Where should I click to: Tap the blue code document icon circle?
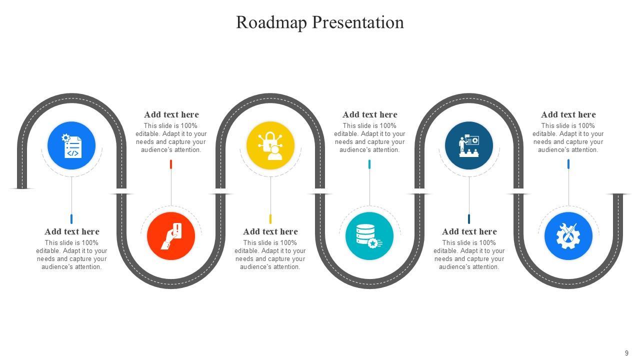(x=71, y=145)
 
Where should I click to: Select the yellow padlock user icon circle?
(x=270, y=145)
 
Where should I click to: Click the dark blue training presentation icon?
(x=469, y=145)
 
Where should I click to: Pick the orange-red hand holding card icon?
(x=171, y=236)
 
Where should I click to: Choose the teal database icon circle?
(x=369, y=236)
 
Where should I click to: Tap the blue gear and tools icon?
(x=568, y=236)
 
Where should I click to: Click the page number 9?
(x=626, y=353)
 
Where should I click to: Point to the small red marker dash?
(x=171, y=164)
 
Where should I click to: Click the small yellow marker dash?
(x=270, y=219)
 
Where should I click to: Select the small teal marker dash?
(x=369, y=164)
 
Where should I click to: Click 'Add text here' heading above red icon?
(x=171, y=114)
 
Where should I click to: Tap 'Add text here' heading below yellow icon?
(x=270, y=231)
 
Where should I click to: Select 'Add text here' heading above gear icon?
(x=568, y=114)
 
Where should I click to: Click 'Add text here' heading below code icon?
(x=72, y=231)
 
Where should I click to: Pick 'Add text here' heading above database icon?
(x=370, y=114)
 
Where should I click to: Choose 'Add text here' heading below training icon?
(x=469, y=231)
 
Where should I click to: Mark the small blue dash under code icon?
(x=71, y=219)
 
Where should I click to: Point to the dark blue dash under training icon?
(x=469, y=219)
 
